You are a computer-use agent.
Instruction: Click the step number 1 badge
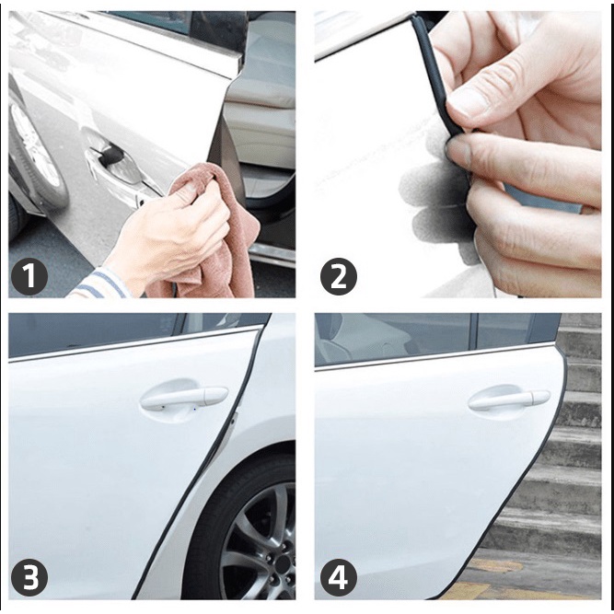point(29,277)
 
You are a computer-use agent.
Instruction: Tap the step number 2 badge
point(339,277)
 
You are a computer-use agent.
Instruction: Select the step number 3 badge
point(29,577)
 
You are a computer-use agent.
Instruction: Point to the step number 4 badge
point(339,577)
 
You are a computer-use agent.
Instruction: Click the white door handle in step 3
point(184,398)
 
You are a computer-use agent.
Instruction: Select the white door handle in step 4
point(509,400)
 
